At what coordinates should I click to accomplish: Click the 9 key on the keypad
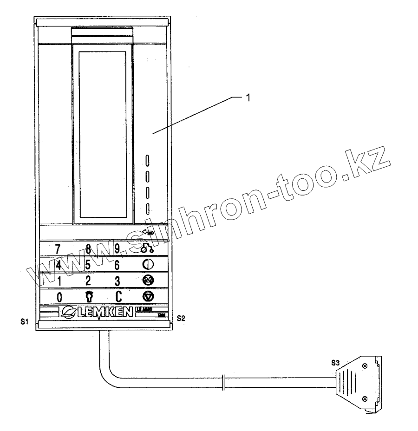118,248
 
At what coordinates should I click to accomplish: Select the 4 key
59,265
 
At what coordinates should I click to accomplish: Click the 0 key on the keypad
59,297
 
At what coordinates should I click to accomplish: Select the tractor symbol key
148,248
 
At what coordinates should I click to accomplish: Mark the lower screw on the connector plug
365,398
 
